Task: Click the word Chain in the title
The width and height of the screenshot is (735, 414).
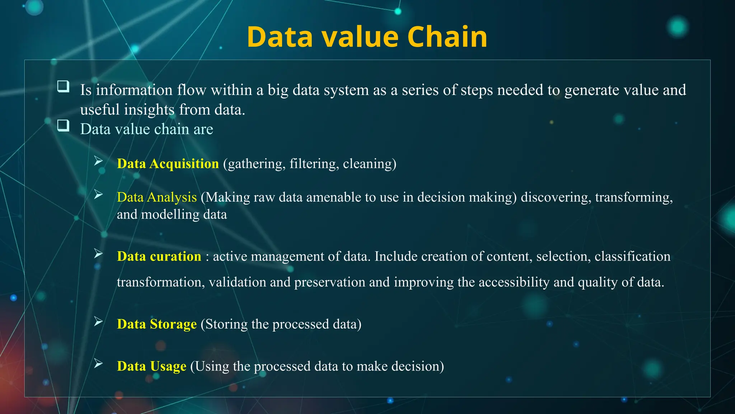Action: [447, 37]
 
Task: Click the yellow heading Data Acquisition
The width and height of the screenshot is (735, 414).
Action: [168, 164]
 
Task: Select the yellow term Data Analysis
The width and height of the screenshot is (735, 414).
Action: [156, 197]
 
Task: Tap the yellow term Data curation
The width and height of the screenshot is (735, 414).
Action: [159, 256]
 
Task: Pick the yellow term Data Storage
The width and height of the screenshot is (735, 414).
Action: [156, 324]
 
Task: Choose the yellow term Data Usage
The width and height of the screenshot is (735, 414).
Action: [151, 366]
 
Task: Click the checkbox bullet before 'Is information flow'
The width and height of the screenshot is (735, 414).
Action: [64, 87]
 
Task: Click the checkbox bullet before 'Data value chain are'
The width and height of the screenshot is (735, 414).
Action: [64, 125]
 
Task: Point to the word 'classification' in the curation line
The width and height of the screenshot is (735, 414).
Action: [632, 256]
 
